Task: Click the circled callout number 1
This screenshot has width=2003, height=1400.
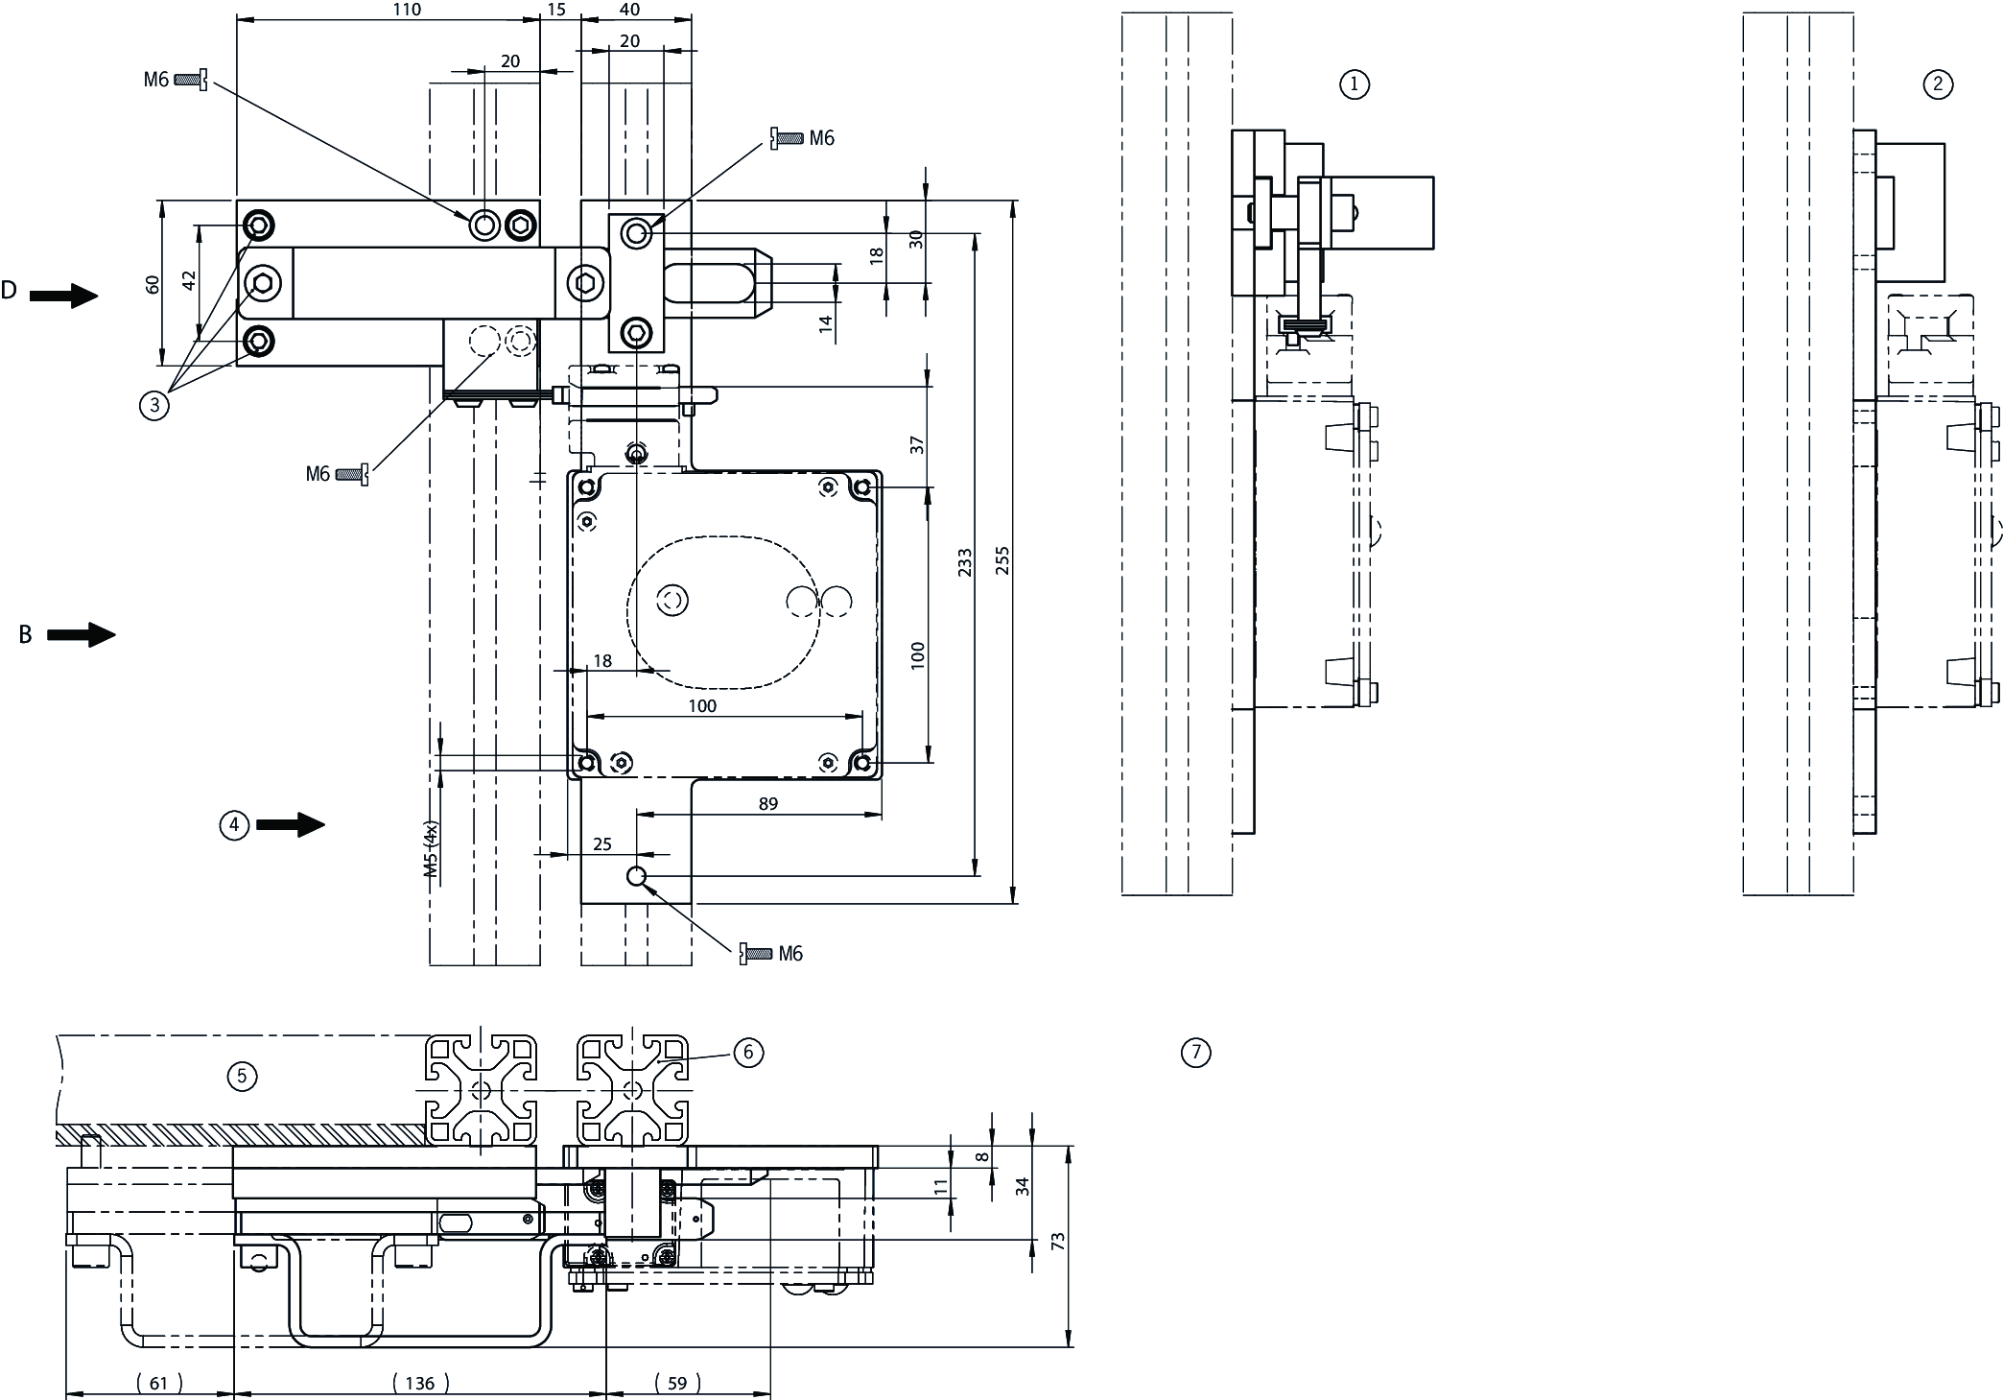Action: (1354, 84)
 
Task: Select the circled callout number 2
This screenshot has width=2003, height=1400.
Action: (1938, 84)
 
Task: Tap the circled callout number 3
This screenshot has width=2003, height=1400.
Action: (153, 405)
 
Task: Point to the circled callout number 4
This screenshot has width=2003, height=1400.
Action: (235, 824)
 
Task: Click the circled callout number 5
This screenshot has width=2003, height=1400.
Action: (242, 1077)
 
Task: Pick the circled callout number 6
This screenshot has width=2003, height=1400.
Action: (748, 1053)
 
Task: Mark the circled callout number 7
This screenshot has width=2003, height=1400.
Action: (1195, 1053)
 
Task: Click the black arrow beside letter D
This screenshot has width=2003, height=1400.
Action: (63, 296)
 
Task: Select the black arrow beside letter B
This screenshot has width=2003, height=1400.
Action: (81, 634)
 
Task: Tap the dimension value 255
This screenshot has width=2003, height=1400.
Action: (1002, 560)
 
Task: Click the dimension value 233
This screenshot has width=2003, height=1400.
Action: (965, 562)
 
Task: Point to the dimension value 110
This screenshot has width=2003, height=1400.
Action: (407, 10)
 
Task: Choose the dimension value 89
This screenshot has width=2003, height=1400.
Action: (767, 803)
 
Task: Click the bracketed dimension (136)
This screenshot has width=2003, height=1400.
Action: (420, 1383)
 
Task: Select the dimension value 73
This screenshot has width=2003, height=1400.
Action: (1058, 1241)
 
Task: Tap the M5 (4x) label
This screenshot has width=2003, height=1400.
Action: (431, 850)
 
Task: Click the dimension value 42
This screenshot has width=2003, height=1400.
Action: (189, 280)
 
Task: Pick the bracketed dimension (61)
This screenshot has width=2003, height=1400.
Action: (159, 1383)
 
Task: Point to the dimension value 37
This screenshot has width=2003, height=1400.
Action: (917, 445)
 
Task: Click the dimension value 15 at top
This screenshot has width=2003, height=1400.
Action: (556, 10)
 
